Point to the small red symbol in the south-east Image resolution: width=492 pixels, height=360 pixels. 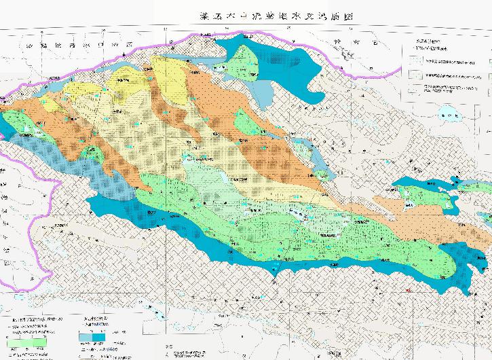pos(408,290)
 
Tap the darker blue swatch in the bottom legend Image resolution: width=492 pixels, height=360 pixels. pos(101,336)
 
